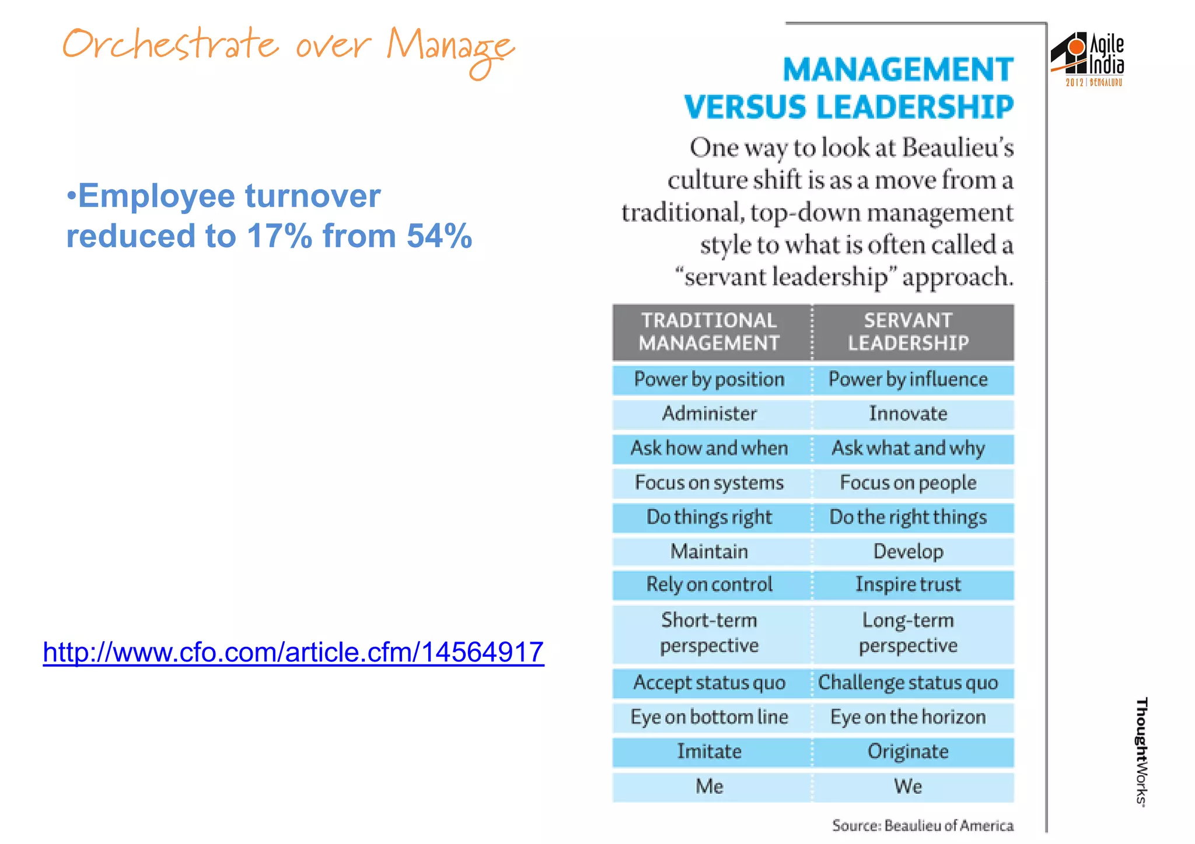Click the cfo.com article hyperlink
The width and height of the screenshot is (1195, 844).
pos(293,652)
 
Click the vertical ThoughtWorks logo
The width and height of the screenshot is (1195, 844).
pos(1142,752)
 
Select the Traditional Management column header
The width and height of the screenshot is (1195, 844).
pos(710,331)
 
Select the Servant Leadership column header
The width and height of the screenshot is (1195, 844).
pos(908,331)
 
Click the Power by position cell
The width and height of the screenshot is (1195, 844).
pos(710,380)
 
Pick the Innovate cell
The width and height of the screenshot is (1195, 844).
pos(908,414)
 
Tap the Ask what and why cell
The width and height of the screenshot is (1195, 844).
pos(908,448)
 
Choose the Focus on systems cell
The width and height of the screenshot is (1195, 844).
pos(710,482)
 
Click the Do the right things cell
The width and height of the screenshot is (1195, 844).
pos(908,517)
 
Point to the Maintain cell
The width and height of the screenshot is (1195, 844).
pos(710,551)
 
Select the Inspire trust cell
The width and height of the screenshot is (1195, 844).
pos(908,584)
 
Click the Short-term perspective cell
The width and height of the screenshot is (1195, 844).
pos(710,633)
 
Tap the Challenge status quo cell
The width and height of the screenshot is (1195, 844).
pos(908,682)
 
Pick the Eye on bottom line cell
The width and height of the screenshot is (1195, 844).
pos(710,717)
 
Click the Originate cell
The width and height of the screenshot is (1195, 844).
pos(908,751)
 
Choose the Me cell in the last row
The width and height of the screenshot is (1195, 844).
pos(710,786)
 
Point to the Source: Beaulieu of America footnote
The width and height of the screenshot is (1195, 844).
pos(923,826)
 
